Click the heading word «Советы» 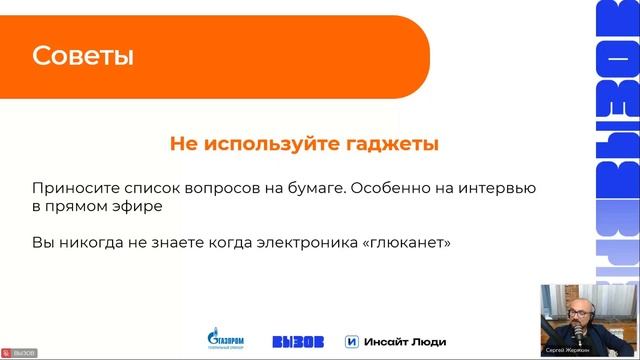pos(83,56)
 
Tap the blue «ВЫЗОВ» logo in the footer pos(298,341)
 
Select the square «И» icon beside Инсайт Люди pos(351,341)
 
